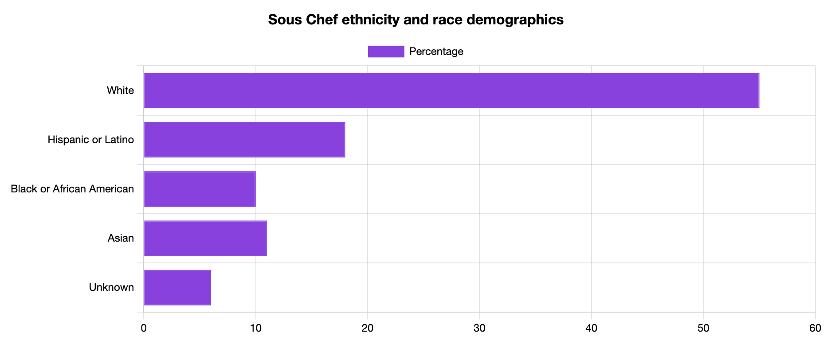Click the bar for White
point(451,90)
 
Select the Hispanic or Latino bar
point(244,140)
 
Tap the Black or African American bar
point(200,189)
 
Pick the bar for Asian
point(205,238)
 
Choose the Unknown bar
point(177,287)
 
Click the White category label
point(120,90)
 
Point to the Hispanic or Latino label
point(90,140)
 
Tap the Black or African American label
point(72,189)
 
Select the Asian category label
point(121,238)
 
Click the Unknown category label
point(111,287)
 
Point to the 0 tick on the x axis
point(144,329)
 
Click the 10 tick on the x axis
point(255,329)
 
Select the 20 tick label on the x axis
point(367,329)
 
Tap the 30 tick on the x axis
point(479,329)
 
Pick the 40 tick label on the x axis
point(591,329)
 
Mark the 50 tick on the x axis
point(703,329)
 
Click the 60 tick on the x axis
point(815,329)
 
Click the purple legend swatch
point(386,51)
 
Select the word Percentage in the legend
point(436,51)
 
